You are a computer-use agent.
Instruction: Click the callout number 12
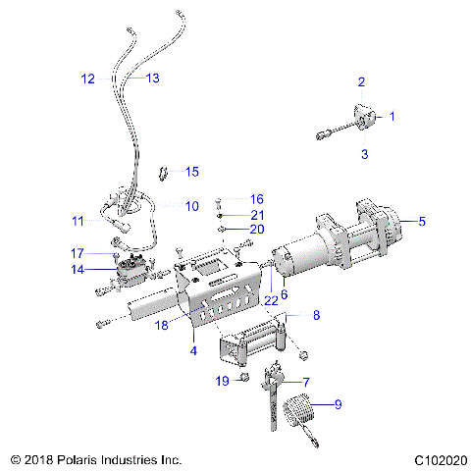[x=88, y=78]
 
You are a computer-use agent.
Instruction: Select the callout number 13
[x=151, y=78]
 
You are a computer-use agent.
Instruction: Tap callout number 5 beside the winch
[x=422, y=222]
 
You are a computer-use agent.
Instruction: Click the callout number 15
[x=191, y=172]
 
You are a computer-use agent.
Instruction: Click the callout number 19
[x=222, y=380]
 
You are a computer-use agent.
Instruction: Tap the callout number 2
[x=361, y=81]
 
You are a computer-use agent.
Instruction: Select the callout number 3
[x=364, y=154]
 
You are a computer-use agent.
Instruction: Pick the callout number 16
[x=256, y=199]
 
